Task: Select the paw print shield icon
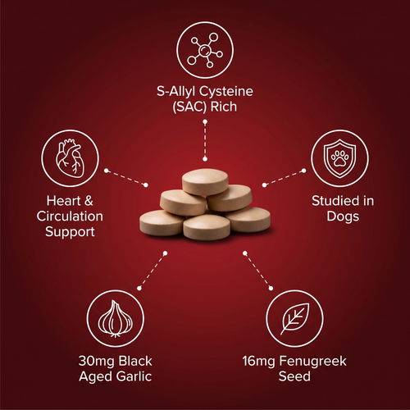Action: click(339, 158)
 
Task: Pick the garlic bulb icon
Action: click(116, 317)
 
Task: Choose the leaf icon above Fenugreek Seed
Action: click(295, 318)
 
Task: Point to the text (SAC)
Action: click(189, 107)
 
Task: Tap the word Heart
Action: click(64, 201)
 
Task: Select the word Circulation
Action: click(70, 216)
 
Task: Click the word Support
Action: click(70, 232)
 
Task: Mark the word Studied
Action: click(331, 201)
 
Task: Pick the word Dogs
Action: click(343, 216)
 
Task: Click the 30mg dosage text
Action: click(96, 362)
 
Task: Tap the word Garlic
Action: click(134, 376)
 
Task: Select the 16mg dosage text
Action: click(258, 362)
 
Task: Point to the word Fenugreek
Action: click(312, 362)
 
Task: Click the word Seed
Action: click(294, 376)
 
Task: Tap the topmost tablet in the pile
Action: click(205, 181)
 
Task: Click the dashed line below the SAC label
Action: click(205, 140)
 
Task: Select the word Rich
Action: click(224, 107)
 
